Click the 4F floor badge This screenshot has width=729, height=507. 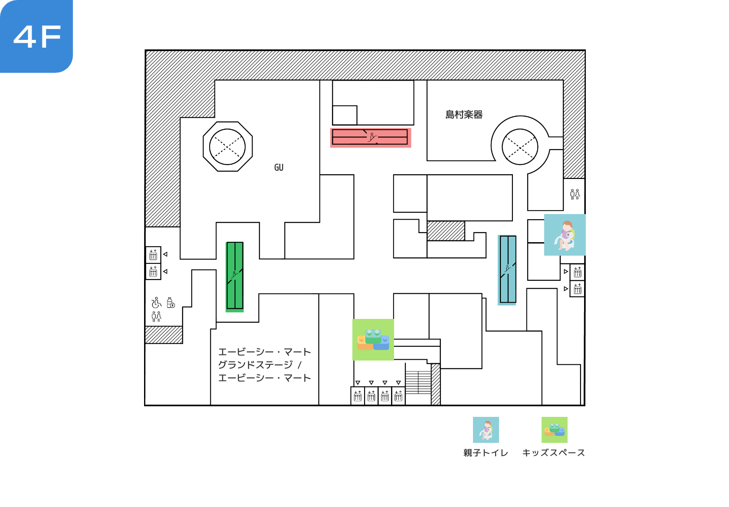[x=36, y=36]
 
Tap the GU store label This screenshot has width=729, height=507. [x=279, y=168]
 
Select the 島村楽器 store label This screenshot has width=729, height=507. [x=464, y=115]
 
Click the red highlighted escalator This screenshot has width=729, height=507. [x=371, y=138]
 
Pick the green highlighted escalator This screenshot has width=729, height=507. [x=235, y=277]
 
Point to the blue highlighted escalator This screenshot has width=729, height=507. [x=507, y=270]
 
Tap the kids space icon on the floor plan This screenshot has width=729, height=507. [x=373, y=340]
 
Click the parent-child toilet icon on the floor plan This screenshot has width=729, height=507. [x=565, y=235]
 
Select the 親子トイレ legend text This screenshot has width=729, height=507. [x=486, y=453]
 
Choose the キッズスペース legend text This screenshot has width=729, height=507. [x=554, y=453]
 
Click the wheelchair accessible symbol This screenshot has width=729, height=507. [x=156, y=302]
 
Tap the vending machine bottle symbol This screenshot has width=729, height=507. [x=171, y=302]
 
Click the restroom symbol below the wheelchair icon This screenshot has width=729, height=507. [x=157, y=317]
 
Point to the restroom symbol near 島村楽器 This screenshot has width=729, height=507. [x=575, y=194]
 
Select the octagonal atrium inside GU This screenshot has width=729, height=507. [x=228, y=146]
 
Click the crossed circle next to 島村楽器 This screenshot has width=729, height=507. [x=520, y=147]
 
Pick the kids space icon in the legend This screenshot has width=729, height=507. [x=555, y=430]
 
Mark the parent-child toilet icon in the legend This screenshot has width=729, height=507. [x=486, y=430]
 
